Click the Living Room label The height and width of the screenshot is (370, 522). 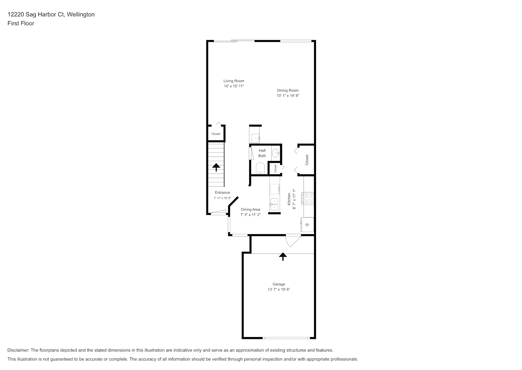234,81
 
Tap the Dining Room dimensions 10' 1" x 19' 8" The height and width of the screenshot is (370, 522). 288,95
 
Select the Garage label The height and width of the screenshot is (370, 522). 279,284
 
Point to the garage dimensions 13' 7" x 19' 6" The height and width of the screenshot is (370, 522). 279,289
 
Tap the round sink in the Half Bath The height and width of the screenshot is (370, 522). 276,154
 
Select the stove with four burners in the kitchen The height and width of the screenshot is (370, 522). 308,199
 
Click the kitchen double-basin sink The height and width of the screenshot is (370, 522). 274,204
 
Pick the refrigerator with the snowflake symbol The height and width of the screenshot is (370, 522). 307,225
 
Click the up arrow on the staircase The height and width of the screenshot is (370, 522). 216,167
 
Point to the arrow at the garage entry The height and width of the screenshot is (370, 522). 283,256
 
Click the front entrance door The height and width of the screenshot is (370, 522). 218,212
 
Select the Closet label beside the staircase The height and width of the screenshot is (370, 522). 216,134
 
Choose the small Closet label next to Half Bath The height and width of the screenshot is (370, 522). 275,168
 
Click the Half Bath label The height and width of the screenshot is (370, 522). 262,153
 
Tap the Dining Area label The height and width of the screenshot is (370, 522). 251,209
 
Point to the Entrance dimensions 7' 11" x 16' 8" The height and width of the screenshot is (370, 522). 222,198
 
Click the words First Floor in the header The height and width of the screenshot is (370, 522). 21,23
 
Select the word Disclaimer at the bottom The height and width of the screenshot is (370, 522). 18,350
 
